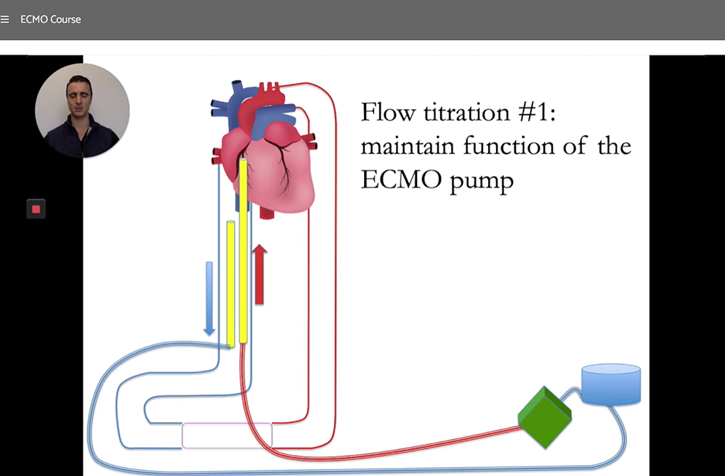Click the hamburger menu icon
[x=6, y=19]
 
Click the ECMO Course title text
[x=51, y=19]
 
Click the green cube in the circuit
[x=544, y=416]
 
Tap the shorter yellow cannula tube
[x=230, y=283]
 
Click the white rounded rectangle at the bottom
[x=227, y=435]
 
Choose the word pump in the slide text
[x=482, y=180]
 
